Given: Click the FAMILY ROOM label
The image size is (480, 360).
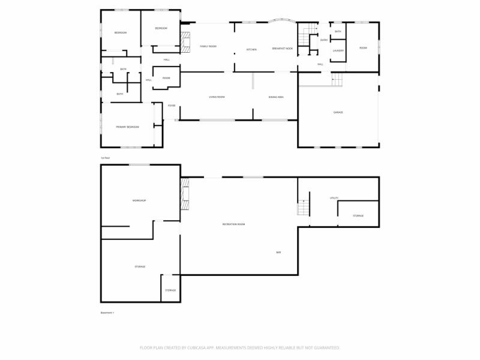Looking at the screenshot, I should click(208, 46).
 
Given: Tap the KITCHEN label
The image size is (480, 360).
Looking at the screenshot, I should click(251, 49).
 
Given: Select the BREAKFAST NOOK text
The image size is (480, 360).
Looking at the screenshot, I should click(282, 49).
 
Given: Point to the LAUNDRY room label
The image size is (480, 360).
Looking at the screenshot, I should click(338, 50).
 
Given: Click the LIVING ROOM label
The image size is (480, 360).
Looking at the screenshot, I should click(217, 97).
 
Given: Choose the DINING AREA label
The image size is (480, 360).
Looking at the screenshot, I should click(276, 97).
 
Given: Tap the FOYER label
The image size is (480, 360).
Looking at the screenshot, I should click(172, 106).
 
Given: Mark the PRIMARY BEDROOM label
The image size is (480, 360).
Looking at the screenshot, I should click(128, 127).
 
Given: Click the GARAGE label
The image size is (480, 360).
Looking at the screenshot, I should click(338, 112).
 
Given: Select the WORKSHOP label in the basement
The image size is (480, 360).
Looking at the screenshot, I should click(139, 200).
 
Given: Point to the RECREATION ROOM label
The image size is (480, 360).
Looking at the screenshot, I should click(233, 224).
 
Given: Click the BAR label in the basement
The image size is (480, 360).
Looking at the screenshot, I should click(278, 253).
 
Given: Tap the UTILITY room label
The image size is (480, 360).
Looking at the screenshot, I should click(334, 198).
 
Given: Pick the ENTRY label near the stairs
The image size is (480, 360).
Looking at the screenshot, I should click(324, 40).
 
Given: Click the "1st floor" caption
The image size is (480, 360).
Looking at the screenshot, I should click(106, 158).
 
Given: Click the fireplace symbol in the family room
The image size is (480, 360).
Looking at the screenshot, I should click(185, 40).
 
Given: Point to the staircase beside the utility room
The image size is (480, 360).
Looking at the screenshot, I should click(303, 208).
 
